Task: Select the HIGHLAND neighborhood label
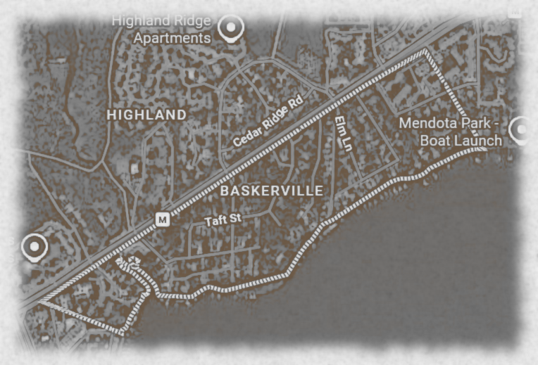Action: pyautogui.click(x=147, y=114)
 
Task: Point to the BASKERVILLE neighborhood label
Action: pyautogui.click(x=272, y=191)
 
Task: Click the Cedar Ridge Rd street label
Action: pyautogui.click(x=267, y=122)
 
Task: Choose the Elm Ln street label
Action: pyautogui.click(x=343, y=134)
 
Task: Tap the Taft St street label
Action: pyautogui.click(x=223, y=220)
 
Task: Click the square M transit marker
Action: pyautogui.click(x=163, y=219)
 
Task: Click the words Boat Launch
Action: pyautogui.click(x=461, y=140)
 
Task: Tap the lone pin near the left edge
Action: pyautogui.click(x=34, y=248)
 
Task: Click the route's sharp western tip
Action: pyautogui.click(x=41, y=302)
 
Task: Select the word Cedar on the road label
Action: pyautogui.click(x=246, y=134)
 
